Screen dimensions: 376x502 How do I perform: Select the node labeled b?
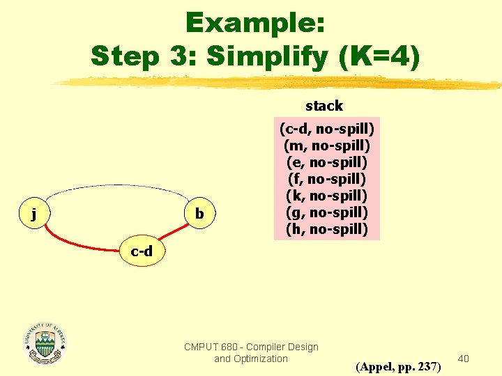[x=199, y=213]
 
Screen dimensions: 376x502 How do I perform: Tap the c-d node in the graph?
[x=142, y=251]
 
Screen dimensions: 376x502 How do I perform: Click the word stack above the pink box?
[x=324, y=106]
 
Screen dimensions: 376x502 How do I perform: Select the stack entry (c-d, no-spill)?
[x=327, y=129]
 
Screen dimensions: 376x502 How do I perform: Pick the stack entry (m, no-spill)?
[x=327, y=146]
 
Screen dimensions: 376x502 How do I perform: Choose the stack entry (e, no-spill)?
[x=327, y=162]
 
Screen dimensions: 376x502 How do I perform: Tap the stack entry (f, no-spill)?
[x=327, y=179]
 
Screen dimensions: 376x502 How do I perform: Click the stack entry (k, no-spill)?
[x=327, y=196]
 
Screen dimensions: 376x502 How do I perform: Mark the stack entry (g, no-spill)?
[x=327, y=212]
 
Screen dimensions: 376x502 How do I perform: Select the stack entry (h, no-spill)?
[x=327, y=229]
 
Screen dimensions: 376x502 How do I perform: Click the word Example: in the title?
[x=255, y=24]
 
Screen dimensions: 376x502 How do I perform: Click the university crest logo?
[x=45, y=343]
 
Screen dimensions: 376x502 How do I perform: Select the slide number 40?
[x=464, y=358]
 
